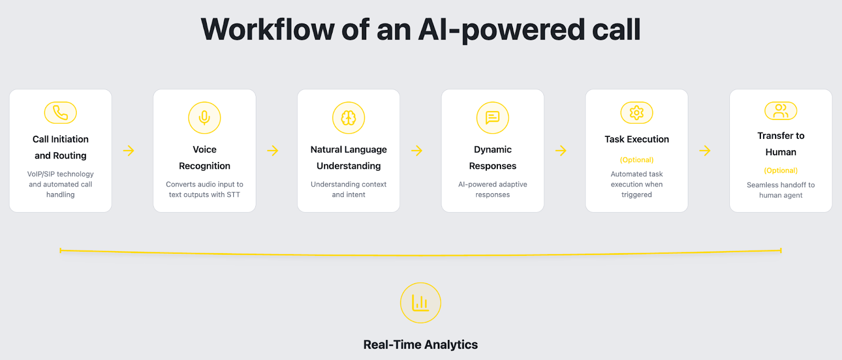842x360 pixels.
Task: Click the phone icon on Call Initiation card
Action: click(61, 112)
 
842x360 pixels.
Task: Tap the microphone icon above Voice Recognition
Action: click(205, 117)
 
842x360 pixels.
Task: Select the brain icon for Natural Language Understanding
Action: click(348, 117)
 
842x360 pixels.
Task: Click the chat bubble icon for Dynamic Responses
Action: click(493, 117)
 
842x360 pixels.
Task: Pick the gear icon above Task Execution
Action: click(637, 112)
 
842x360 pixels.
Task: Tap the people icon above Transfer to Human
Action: click(781, 111)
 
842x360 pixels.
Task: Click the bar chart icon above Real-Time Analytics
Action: click(420, 303)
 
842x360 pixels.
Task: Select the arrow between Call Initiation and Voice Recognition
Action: click(128, 151)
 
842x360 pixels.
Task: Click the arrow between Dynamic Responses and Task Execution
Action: click(561, 151)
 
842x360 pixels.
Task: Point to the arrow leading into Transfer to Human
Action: click(705, 151)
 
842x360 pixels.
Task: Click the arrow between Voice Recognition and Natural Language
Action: click(273, 151)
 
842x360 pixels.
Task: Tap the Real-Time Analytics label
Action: click(420, 345)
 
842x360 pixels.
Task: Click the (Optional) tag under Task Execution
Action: click(637, 159)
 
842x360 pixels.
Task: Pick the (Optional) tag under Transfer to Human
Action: click(781, 170)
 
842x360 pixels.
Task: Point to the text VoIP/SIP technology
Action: click(61, 174)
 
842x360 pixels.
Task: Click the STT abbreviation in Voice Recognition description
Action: click(233, 195)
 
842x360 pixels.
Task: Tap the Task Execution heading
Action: click(637, 139)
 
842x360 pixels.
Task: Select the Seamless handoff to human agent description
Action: click(781, 190)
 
